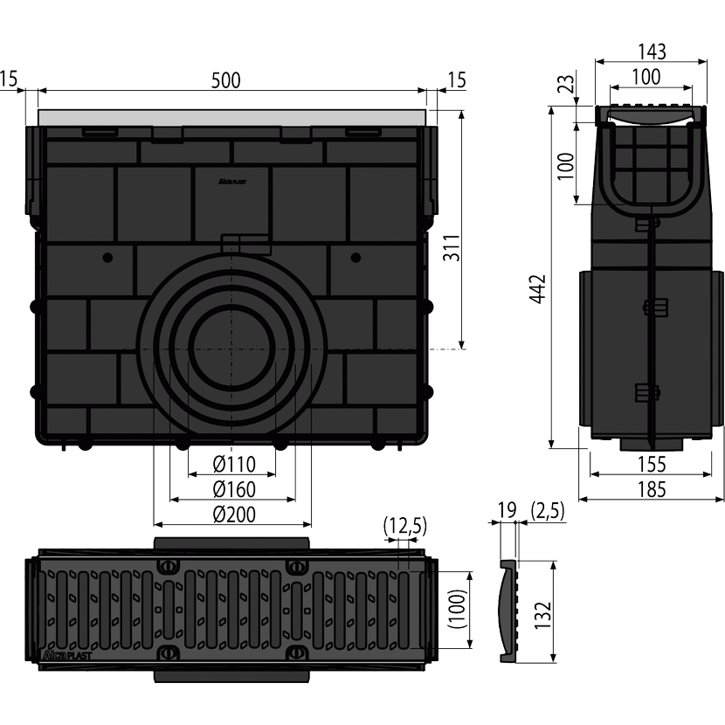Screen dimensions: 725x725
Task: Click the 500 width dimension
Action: click(225, 80)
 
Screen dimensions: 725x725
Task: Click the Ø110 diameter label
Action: click(231, 463)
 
